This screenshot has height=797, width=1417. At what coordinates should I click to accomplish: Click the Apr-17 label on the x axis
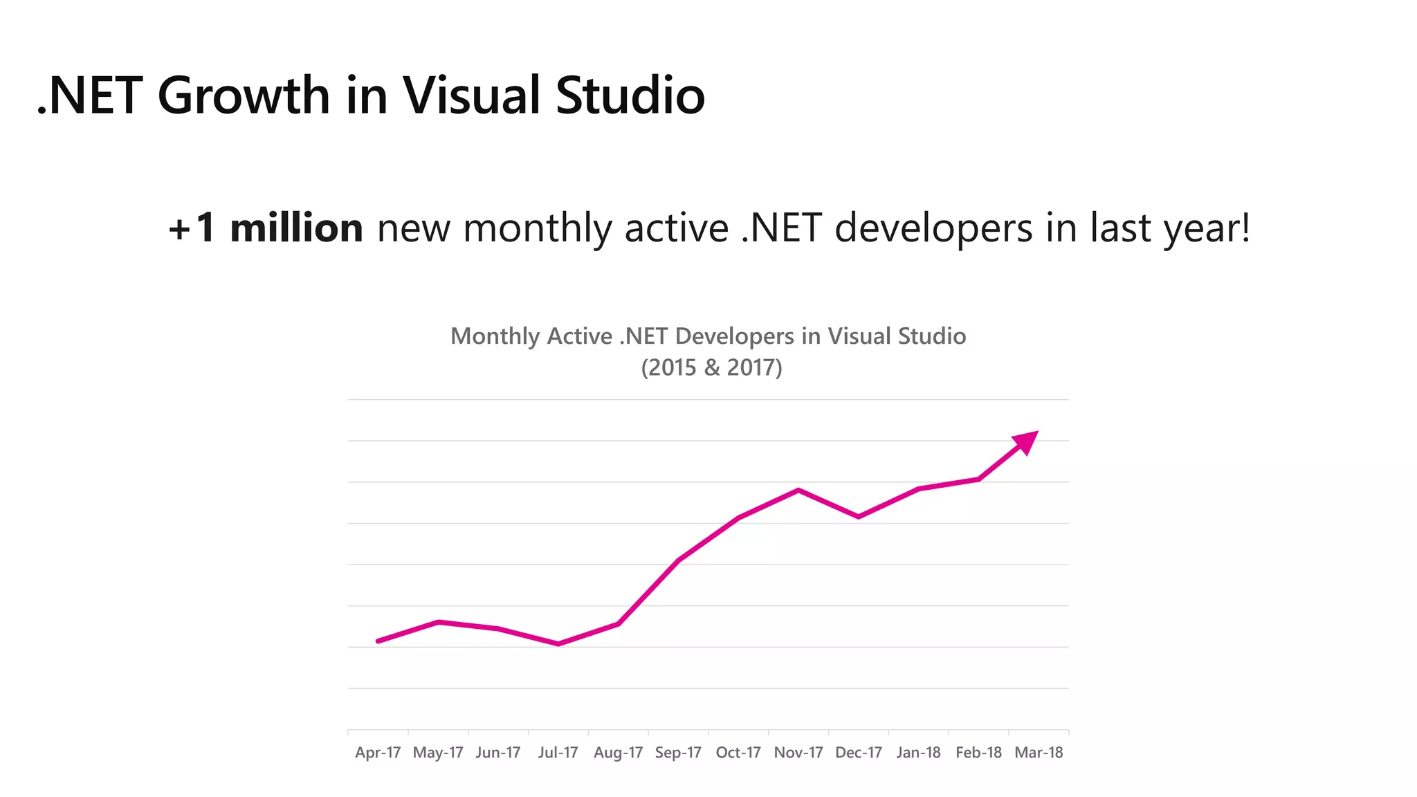coord(378,753)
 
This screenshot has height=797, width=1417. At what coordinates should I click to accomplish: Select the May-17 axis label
coord(438,753)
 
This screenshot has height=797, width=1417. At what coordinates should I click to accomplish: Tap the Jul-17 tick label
coord(558,753)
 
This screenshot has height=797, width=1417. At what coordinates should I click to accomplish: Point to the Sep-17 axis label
coord(678,753)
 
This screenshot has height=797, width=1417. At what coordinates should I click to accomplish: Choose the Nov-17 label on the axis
coord(798,753)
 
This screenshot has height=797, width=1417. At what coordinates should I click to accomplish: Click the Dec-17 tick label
coord(859,753)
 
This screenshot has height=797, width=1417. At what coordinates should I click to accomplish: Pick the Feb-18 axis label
coord(978,753)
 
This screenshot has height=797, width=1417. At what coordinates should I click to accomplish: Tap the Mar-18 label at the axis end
coord(1039,753)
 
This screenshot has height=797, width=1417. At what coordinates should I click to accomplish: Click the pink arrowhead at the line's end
coord(1027,441)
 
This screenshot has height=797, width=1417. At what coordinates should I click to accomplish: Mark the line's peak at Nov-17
coord(798,491)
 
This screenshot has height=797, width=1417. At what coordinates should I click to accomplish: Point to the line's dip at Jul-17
coord(558,644)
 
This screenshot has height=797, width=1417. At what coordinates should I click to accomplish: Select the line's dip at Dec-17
coord(859,517)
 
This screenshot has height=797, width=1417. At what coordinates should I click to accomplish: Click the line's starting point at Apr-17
coord(378,641)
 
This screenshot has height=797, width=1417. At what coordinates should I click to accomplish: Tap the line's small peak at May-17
coord(438,622)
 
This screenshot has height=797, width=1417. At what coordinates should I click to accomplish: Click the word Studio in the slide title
coord(630,95)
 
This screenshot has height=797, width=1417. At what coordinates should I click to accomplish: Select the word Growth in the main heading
coord(244,95)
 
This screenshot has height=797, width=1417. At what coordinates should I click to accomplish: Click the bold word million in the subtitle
coord(296,228)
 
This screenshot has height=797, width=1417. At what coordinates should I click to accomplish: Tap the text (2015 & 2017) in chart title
coord(711,367)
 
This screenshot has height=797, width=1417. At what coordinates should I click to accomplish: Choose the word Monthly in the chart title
coord(495,336)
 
